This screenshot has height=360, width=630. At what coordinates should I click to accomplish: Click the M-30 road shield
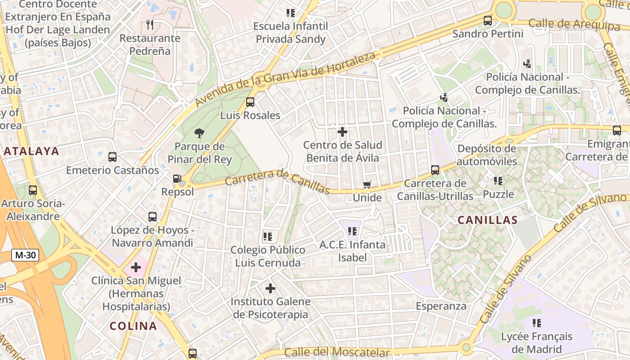tap(25, 255)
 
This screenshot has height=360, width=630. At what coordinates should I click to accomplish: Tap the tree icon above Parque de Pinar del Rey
tap(199, 133)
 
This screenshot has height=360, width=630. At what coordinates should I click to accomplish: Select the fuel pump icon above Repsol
tap(177, 179)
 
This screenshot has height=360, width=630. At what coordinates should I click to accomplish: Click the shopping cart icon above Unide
tap(367, 184)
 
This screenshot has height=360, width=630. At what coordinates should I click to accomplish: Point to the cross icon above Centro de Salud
tap(342, 132)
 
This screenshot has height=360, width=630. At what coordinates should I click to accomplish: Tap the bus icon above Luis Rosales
tap(250, 102)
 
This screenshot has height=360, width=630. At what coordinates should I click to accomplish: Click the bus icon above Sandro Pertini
tap(488, 20)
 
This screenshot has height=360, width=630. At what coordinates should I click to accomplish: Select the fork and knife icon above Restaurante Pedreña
tap(150, 25)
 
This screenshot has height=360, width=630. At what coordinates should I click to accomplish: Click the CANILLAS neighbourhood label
tap(487, 220)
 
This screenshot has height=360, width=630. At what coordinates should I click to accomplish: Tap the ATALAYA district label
tap(31, 151)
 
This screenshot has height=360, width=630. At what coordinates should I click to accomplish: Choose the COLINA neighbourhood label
tap(133, 326)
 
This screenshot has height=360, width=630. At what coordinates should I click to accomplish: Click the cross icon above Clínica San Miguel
tap(135, 267)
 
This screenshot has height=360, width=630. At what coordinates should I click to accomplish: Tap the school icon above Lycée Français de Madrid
tap(536, 323)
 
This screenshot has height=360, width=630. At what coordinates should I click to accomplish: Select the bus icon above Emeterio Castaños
tap(112, 157)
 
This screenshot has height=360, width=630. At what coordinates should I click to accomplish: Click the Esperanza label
tap(441, 306)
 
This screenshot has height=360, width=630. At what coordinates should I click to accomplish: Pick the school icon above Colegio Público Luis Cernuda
tap(268, 236)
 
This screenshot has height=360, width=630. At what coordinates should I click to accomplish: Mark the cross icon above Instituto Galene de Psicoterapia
tap(270, 288)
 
